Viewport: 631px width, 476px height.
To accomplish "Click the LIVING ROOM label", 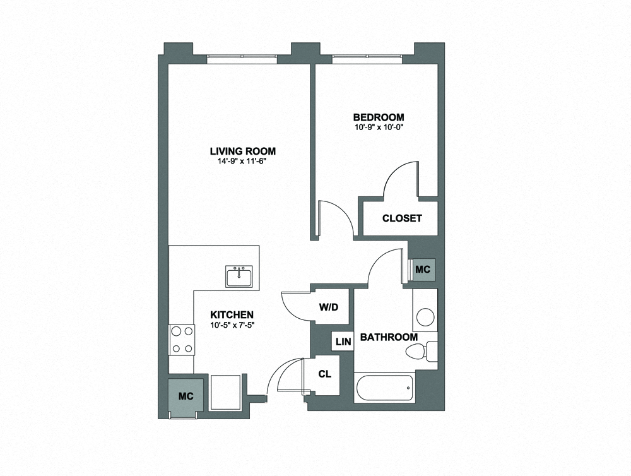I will (243, 151).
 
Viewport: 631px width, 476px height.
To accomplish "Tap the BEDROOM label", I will (379, 117).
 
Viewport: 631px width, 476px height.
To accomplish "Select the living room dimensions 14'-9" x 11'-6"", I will (243, 162).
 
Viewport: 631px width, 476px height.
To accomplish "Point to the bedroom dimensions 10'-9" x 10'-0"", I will (379, 128).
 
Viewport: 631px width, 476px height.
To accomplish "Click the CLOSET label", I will (402, 218).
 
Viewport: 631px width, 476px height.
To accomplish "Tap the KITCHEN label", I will (232, 315).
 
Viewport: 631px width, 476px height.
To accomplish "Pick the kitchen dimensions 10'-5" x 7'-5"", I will (232, 326).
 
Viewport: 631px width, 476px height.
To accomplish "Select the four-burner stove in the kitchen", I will (182, 340).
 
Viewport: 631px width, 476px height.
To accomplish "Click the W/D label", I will (329, 307).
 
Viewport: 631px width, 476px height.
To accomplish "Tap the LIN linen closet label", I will (343, 342).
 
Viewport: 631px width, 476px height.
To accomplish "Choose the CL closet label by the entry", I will (324, 374).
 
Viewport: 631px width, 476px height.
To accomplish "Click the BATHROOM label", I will (389, 337).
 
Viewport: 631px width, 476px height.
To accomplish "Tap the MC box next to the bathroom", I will (422, 270).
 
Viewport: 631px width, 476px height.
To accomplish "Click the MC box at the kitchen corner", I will (186, 396).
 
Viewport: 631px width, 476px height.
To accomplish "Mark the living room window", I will (242, 58).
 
